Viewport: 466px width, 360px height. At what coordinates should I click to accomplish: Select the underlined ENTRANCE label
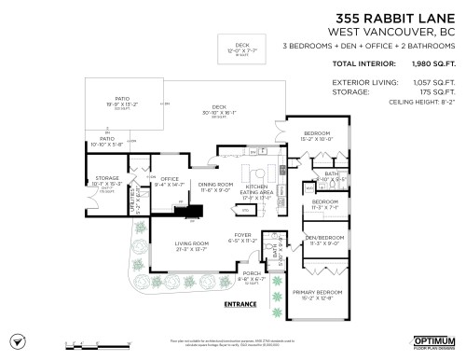pyautogui.click(x=241, y=304)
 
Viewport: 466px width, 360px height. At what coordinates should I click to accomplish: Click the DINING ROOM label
pyautogui.click(x=215, y=186)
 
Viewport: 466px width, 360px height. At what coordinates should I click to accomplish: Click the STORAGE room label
pyautogui.click(x=107, y=176)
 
